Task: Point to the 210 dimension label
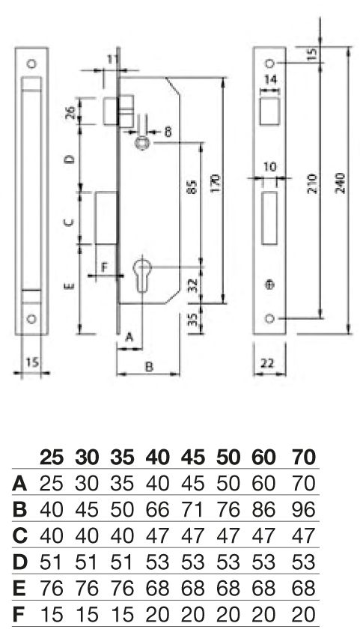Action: click(312, 185)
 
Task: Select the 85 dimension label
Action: click(193, 186)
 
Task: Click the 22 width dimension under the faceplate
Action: click(267, 363)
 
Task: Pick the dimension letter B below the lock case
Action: click(150, 367)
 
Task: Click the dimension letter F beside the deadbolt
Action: click(104, 267)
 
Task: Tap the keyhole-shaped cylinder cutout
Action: click(141, 273)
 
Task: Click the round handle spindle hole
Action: click(142, 143)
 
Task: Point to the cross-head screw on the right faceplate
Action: click(269, 285)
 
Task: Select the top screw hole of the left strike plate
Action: click(31, 64)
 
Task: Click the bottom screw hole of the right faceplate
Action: click(269, 318)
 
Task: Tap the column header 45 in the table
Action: click(192, 457)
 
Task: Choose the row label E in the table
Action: click(19, 589)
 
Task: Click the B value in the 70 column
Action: click(304, 510)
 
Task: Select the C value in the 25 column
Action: click(52, 536)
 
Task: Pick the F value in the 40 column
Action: click(157, 615)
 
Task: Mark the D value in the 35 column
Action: click(122, 562)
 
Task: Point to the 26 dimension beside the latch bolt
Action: click(70, 112)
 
